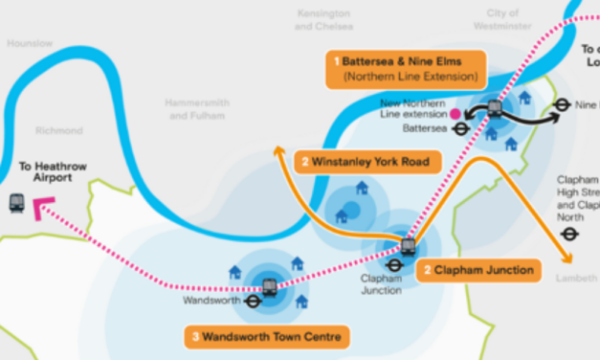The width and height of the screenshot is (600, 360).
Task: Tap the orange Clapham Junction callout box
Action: click(478, 270)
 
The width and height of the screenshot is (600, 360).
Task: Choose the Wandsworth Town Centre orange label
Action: click(266, 337)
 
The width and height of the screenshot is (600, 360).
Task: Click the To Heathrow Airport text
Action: click(54, 171)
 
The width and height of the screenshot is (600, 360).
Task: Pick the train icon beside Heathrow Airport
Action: click(16, 203)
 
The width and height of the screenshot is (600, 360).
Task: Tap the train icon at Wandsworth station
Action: click(270, 285)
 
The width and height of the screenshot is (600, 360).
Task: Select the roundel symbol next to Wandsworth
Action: click(253, 301)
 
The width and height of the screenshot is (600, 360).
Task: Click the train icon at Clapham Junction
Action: click(409, 247)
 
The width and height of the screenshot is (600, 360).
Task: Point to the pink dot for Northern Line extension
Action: click(456, 112)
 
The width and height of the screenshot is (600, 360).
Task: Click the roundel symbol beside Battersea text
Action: click(460, 127)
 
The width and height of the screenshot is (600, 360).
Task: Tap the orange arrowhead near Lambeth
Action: click(567, 258)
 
